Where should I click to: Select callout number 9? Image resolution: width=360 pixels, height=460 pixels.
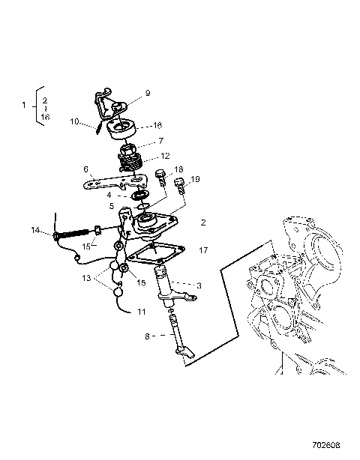(148, 94)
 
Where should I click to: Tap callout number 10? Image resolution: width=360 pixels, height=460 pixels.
(75, 121)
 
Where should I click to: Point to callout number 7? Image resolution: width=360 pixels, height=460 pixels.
(159, 141)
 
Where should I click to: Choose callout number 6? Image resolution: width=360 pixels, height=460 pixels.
(86, 169)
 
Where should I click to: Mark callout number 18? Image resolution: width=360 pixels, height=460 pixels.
(178, 170)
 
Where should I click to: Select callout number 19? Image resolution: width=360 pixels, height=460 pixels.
(195, 180)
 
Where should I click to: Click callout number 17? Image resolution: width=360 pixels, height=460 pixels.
(202, 252)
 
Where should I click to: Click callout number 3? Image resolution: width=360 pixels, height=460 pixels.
(199, 285)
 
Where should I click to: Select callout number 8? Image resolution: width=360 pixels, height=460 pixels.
(147, 337)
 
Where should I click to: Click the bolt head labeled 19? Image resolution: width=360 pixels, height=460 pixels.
(178, 184)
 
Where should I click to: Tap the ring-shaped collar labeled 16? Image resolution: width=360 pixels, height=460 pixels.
(121, 131)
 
